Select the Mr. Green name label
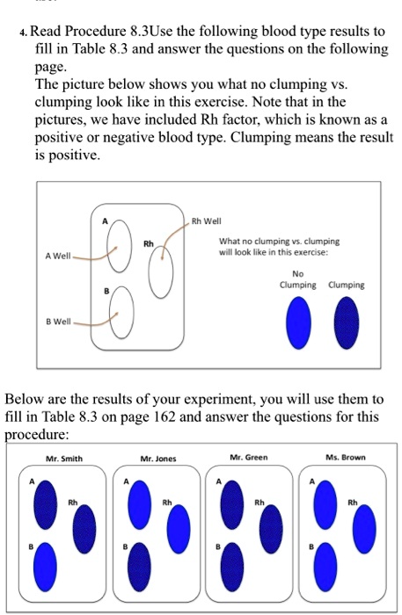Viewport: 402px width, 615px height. point(249,457)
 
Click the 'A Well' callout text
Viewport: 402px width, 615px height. point(56,256)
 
